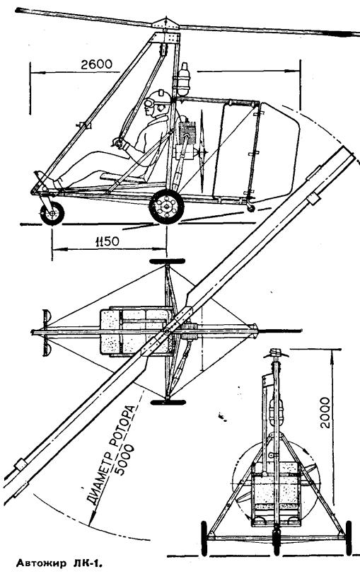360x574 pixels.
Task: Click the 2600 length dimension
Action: click(x=97, y=64)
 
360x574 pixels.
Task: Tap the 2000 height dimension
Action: click(x=325, y=413)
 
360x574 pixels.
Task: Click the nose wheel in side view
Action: click(x=52, y=213)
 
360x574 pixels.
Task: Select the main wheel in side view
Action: click(x=167, y=207)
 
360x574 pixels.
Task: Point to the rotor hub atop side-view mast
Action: click(x=166, y=25)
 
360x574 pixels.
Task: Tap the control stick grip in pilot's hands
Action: click(x=119, y=143)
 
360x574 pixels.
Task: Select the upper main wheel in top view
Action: click(x=167, y=261)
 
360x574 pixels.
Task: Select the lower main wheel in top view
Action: click(x=168, y=402)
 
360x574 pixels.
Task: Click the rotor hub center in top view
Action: click(x=167, y=331)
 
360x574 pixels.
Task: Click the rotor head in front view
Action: click(x=277, y=354)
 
